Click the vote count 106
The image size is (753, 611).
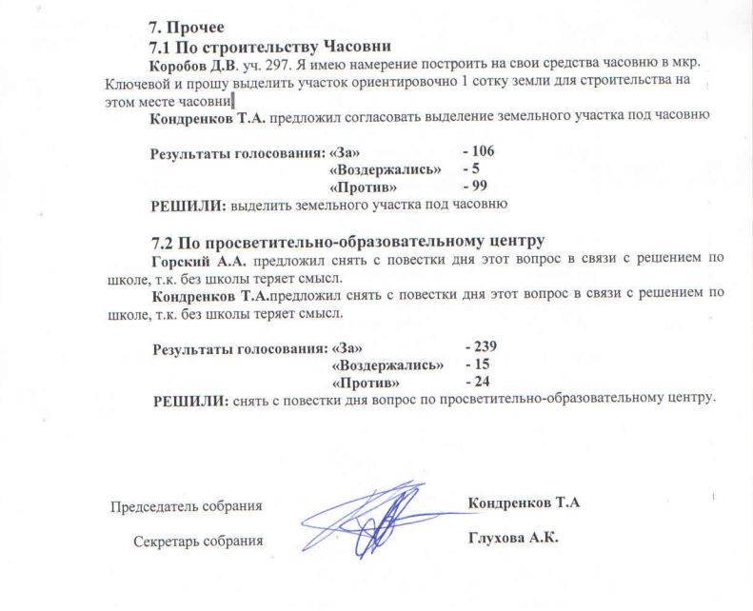(x=482, y=151)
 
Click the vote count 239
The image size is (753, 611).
(x=485, y=346)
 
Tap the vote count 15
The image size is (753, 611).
(x=480, y=365)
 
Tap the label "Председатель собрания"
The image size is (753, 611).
(x=187, y=505)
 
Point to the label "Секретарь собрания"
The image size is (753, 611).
(x=198, y=541)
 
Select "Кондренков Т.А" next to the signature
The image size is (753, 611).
(x=524, y=503)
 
